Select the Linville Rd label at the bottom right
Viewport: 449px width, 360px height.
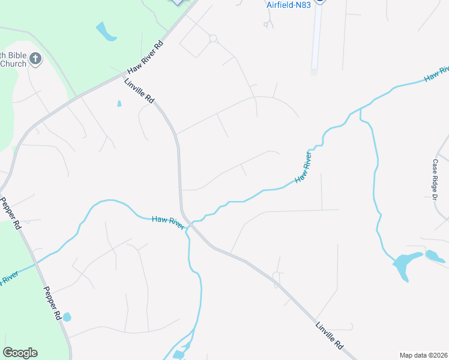[x=330, y=336]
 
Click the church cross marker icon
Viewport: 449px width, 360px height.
[x=35, y=59]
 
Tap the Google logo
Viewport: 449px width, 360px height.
[x=20, y=353]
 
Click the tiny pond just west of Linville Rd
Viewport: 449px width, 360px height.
[x=119, y=104]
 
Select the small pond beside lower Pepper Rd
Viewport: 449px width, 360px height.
[x=67, y=317]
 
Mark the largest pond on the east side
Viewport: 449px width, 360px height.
[x=403, y=264]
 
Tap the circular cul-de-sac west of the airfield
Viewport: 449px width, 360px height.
[x=212, y=38]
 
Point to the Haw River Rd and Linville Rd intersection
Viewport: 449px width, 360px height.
[x=124, y=77]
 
